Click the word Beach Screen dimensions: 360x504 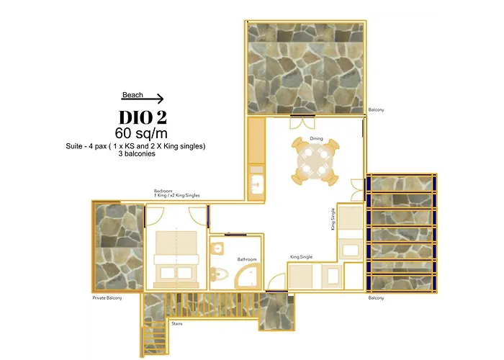132,94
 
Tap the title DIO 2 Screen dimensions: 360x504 143,117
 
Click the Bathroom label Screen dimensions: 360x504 247,258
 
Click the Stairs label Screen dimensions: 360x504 176,324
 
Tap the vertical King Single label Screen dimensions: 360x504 333,220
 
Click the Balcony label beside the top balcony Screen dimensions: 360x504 376,109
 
